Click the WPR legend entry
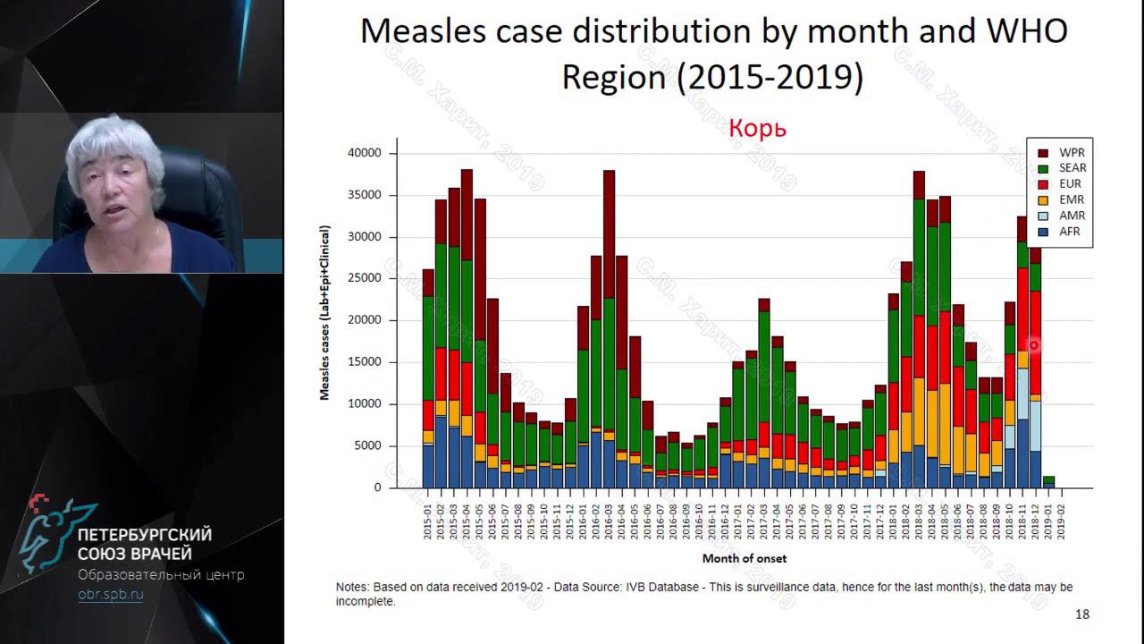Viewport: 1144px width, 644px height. tap(1069, 153)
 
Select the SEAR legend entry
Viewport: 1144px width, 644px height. tap(1072, 168)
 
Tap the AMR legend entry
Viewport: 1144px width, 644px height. tap(1070, 216)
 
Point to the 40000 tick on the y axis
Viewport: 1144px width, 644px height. tap(363, 153)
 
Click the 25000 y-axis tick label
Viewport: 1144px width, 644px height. tap(363, 278)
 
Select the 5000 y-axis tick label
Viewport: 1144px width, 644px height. tap(366, 445)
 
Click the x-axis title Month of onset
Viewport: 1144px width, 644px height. tap(744, 558)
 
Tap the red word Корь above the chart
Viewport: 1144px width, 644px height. tap(757, 128)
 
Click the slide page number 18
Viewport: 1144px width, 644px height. tap(1081, 614)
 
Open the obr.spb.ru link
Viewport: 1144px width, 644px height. tap(110, 594)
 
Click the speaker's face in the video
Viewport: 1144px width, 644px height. tap(113, 183)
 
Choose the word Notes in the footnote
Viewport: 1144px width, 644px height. tap(354, 587)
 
